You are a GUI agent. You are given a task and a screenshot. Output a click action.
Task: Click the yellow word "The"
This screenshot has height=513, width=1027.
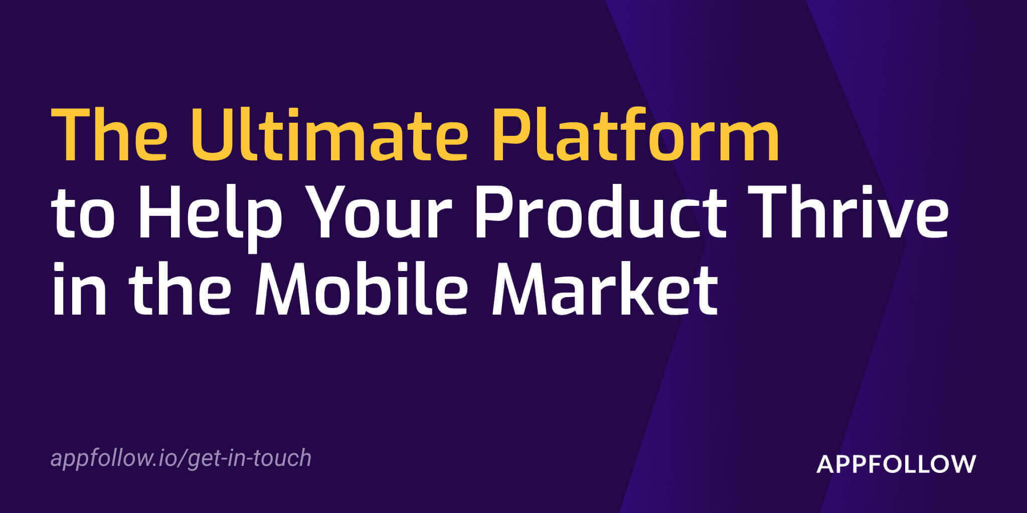(109, 135)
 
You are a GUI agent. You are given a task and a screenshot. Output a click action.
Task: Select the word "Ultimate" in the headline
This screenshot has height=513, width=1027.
(330, 135)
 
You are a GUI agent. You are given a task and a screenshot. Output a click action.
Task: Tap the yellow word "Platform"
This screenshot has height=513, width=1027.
(636, 134)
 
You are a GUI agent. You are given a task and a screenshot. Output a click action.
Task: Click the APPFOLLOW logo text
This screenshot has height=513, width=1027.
(896, 464)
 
